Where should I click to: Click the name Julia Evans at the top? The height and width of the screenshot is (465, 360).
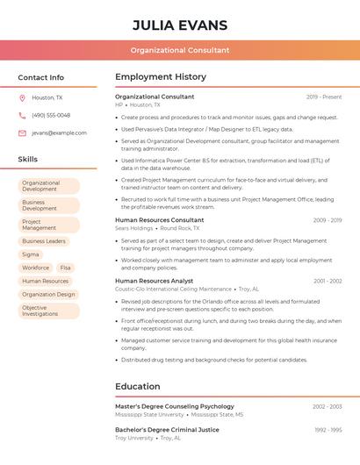point(180,25)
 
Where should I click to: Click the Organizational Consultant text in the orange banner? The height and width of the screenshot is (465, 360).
point(180,51)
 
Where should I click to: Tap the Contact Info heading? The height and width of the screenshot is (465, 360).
point(41,77)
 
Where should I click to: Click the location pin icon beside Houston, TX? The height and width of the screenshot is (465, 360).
point(22,98)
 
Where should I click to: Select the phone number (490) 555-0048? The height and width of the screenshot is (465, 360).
point(51,115)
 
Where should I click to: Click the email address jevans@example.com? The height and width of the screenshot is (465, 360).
point(59,132)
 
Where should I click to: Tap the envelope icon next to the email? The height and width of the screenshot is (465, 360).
point(22,132)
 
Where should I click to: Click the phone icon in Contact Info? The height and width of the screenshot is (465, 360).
point(22,115)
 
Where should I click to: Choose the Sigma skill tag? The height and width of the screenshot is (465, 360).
point(31,254)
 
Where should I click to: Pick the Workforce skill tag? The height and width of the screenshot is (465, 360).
point(36,268)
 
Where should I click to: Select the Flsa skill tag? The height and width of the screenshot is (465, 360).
point(66,268)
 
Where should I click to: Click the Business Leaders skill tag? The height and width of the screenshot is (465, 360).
point(44,240)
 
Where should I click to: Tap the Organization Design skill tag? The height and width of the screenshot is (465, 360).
point(48,295)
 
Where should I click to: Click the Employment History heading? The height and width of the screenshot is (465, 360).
point(161,77)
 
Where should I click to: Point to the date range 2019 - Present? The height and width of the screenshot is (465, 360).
point(324,97)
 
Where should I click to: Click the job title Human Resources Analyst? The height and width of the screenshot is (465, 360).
point(154,281)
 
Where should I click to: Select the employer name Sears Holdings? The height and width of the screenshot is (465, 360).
point(133,228)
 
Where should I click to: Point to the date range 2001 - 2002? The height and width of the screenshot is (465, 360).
point(328,281)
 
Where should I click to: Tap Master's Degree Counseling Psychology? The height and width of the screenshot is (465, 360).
point(175,406)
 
